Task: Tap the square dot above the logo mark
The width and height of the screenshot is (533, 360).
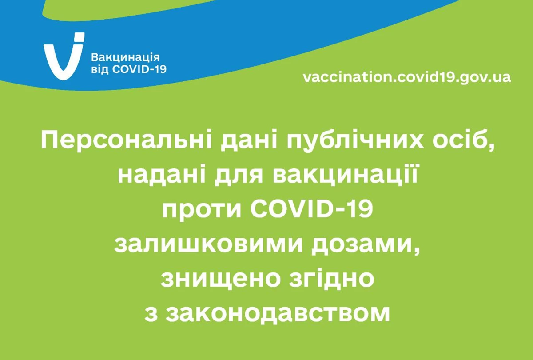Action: pos(79,37)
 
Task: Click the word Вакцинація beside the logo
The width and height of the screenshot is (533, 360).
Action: pos(125,58)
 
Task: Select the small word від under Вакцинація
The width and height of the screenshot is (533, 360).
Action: pos(100,69)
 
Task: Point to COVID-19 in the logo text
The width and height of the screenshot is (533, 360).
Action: pos(139,69)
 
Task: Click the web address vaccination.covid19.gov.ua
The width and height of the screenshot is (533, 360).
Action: pos(407,77)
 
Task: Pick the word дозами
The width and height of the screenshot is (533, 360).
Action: pos(366,245)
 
